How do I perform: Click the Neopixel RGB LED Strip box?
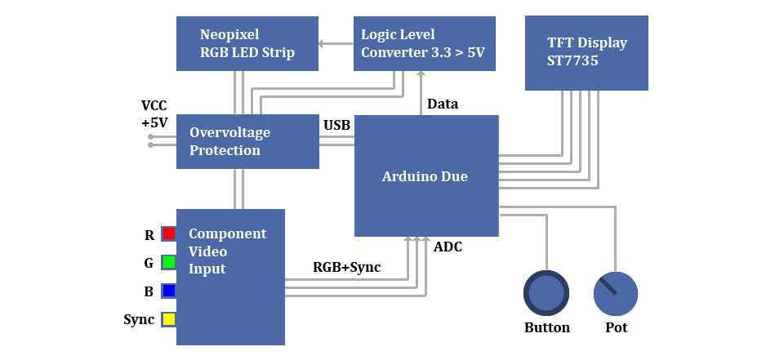point(247,43)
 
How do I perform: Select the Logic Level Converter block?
point(424,43)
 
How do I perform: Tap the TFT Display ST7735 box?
point(586,52)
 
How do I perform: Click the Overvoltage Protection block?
point(247,141)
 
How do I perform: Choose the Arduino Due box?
point(425,176)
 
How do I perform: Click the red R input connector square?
point(169,234)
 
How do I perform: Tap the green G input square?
point(169,262)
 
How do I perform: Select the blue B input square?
point(169,291)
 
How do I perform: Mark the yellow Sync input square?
point(169,319)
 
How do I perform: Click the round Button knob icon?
point(546,293)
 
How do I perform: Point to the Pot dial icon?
point(616,294)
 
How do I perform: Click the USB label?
point(336,125)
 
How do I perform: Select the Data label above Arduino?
point(443,104)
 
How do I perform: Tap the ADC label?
point(448,246)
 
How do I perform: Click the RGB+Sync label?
point(346,267)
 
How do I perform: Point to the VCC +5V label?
point(154,114)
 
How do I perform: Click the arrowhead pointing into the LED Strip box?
point(322,43)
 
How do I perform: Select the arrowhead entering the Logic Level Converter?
point(421,73)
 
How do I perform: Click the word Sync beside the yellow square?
point(139,319)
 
